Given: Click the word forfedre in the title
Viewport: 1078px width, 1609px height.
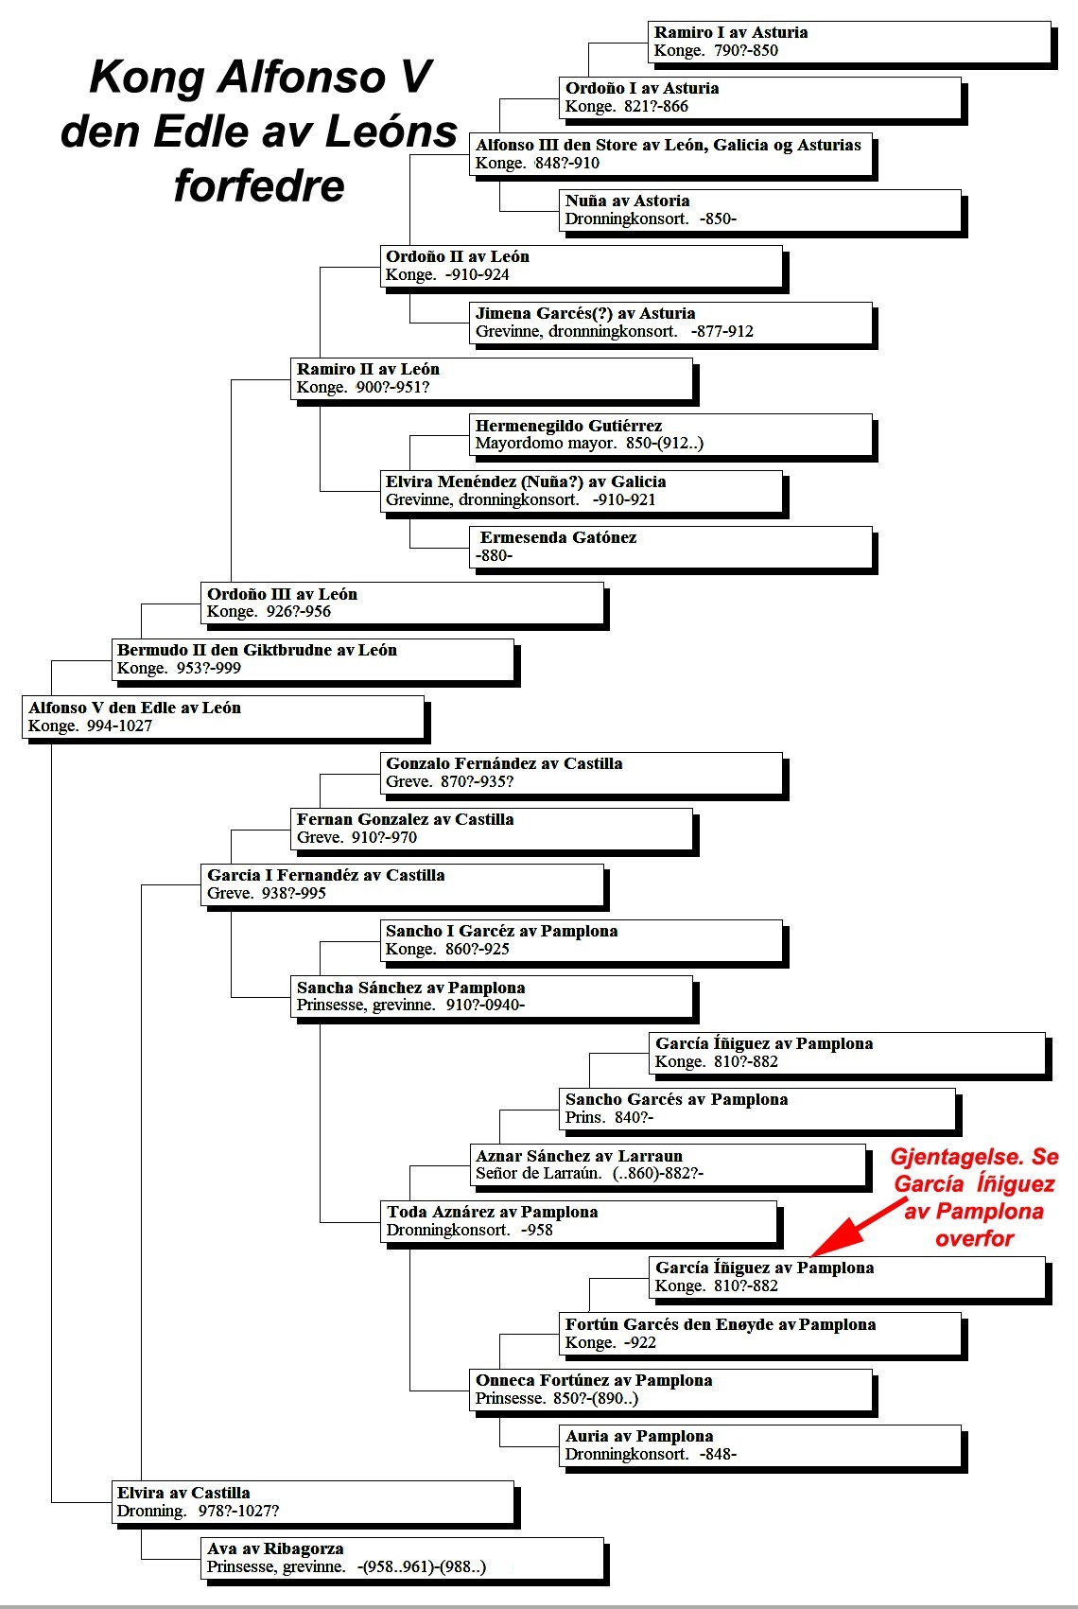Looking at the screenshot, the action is point(259,185).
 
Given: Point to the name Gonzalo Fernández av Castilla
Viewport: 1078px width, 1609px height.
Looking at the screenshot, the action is point(504,762).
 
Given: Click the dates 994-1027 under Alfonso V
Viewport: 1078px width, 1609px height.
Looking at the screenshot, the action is point(120,726).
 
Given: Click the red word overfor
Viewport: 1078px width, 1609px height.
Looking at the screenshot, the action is point(974,1237).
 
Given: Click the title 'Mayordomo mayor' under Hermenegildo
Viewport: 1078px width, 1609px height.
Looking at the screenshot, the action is point(546,444).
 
